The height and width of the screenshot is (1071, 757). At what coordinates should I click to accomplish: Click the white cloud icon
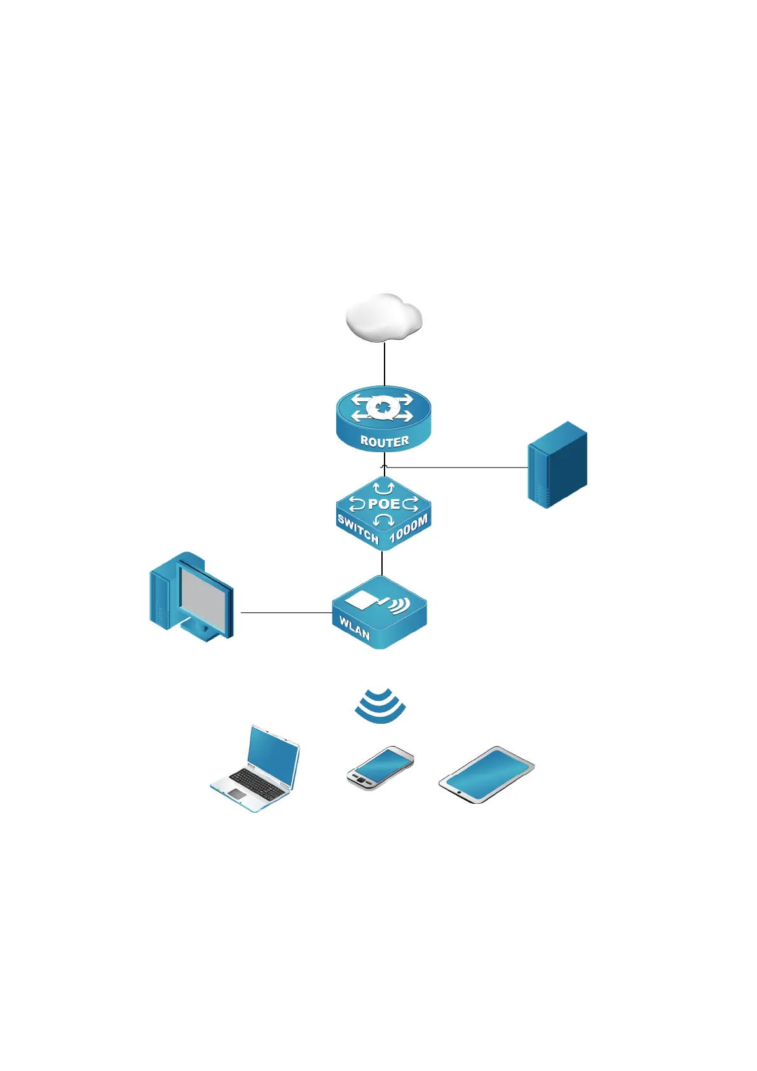pos(383,317)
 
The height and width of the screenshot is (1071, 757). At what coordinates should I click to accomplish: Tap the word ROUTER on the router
pos(385,441)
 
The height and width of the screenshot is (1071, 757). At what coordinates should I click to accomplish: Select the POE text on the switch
pos(384,504)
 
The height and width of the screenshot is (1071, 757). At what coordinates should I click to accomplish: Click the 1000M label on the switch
pos(409,530)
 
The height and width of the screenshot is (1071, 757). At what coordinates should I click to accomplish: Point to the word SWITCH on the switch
pos(358,530)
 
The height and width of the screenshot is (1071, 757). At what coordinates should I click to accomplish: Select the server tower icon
pos(557,464)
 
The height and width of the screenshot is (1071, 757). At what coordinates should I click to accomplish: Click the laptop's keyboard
pos(257,784)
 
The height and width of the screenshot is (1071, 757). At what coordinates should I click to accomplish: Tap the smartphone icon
pos(380,768)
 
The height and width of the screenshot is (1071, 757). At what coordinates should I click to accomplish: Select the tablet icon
pos(486,775)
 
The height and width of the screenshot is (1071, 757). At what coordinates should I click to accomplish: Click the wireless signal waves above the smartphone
pos(380,706)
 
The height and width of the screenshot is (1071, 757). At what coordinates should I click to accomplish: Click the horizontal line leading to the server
pos(458,467)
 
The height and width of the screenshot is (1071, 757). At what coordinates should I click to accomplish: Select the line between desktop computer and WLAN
pos(286,613)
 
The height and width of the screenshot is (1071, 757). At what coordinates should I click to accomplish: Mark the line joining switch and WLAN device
pos(382,562)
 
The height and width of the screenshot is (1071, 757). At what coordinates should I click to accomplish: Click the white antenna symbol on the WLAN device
pos(361,599)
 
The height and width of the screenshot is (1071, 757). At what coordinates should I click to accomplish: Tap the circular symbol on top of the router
pos(383,406)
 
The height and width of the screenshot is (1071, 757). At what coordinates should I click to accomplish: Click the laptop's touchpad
pos(236,794)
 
